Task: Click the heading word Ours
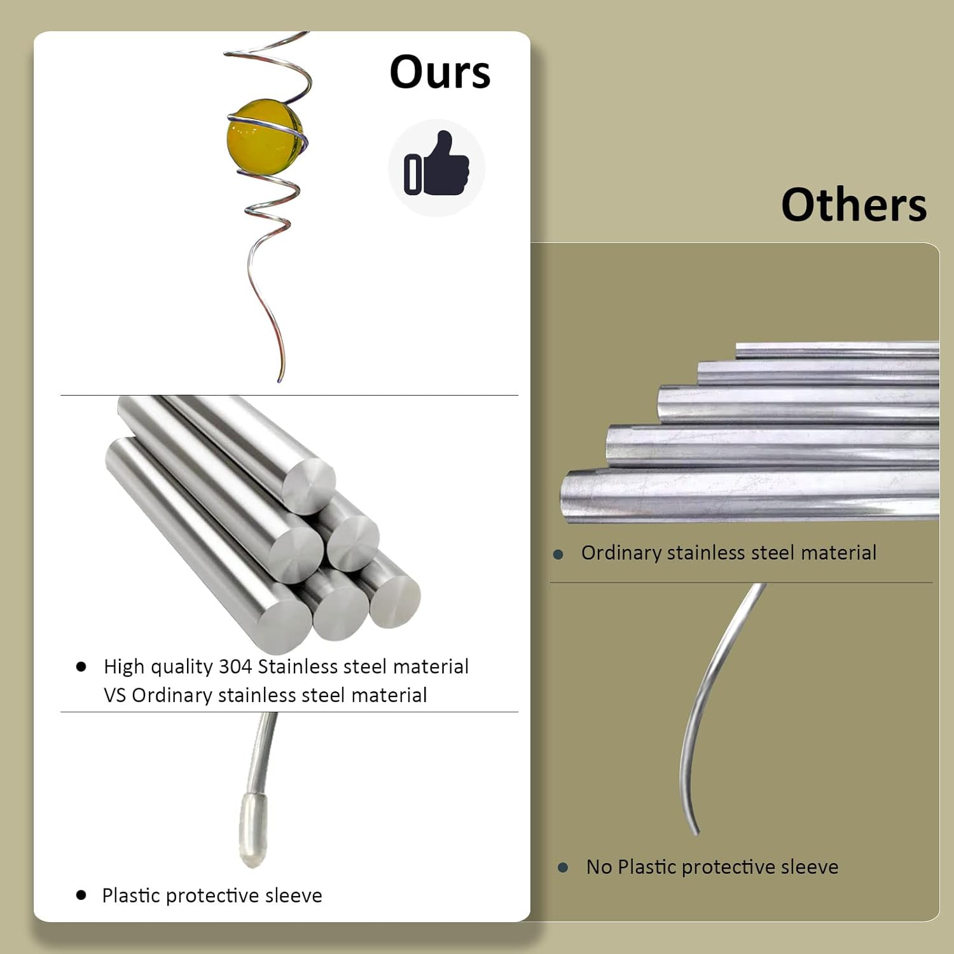[x=439, y=72]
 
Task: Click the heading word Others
[x=854, y=205]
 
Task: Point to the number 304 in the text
[x=235, y=667]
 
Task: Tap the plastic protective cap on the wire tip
[x=252, y=829]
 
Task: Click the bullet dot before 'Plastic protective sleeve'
[x=81, y=895]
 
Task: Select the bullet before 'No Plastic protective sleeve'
[x=562, y=867]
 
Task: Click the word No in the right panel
[x=599, y=867]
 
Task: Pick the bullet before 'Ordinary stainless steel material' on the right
[x=558, y=554]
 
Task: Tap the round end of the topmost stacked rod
[x=308, y=486]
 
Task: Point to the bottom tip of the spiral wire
[x=280, y=380]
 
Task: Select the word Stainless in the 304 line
[x=298, y=667]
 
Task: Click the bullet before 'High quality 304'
[x=81, y=667]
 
